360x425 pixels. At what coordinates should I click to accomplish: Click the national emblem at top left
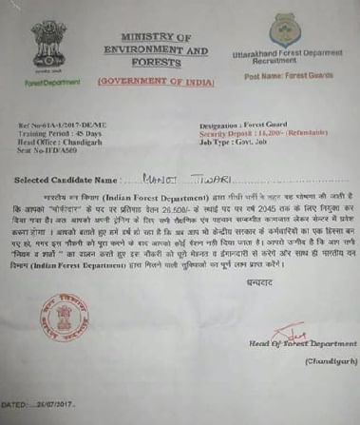49,42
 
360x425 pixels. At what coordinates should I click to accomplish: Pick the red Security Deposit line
260,132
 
